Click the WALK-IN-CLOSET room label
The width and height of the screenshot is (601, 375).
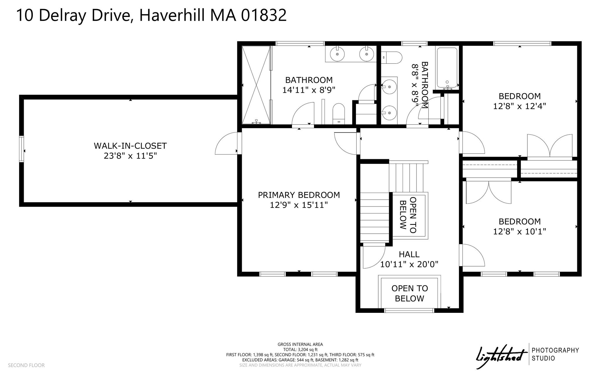click(130, 146)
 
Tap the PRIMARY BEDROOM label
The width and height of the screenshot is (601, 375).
click(299, 195)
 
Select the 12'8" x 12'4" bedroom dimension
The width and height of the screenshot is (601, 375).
click(520, 106)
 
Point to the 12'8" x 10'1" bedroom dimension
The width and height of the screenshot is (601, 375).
click(520, 232)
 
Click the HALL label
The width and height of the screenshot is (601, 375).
click(409, 254)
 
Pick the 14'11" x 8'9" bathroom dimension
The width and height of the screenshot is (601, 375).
click(309, 90)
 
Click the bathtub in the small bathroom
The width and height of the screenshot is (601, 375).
click(447, 68)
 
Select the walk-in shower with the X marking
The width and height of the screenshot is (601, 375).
click(256, 85)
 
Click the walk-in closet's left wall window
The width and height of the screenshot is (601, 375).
click(21, 149)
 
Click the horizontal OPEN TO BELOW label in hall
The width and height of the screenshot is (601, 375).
click(409, 293)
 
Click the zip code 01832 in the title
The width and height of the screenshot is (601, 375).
click(263, 15)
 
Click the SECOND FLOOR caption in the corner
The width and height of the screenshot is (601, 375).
click(26, 365)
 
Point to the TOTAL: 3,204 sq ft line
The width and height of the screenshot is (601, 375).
click(300, 349)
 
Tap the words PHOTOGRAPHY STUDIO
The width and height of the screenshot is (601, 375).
click(555, 354)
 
